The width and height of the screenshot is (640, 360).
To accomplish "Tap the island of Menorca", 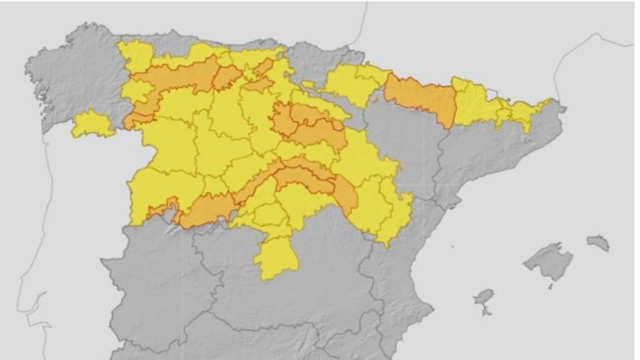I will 598,243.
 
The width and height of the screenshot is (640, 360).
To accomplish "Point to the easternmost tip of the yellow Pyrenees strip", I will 550,105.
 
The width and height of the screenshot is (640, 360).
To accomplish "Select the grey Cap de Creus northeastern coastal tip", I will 563,109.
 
